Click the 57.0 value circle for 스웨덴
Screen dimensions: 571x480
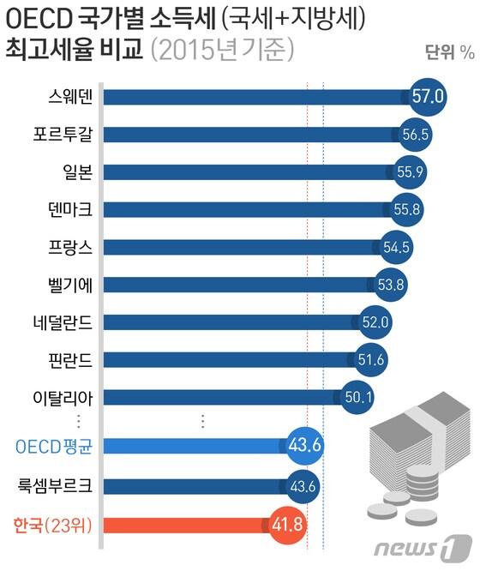click(427, 96)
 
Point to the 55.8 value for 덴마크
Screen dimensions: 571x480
click(402, 208)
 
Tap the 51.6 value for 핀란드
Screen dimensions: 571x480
click(370, 359)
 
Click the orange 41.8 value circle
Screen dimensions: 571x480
click(287, 524)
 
